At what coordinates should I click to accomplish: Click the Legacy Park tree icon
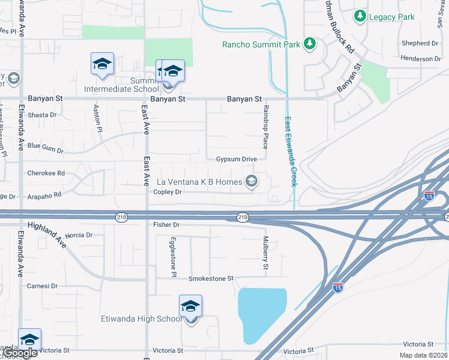360,16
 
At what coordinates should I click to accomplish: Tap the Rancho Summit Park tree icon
310,43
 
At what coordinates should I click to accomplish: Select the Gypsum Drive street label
237,159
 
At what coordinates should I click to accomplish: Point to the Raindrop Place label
265,127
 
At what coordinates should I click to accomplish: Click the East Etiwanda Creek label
290,151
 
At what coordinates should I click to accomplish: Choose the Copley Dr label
167,192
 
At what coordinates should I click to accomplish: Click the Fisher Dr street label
166,224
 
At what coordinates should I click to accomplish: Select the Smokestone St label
211,279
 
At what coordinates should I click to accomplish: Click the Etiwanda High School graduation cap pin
190,307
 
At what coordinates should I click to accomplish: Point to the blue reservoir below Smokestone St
262,315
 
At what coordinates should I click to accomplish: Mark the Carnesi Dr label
42,286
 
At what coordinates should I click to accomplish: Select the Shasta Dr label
42,115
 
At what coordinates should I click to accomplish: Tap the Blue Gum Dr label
45,146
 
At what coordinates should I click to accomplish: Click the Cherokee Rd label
46,173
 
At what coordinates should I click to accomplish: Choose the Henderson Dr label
421,59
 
